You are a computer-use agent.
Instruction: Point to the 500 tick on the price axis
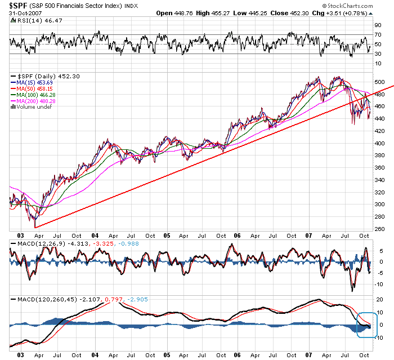380,82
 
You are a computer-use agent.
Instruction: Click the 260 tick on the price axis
380,229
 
